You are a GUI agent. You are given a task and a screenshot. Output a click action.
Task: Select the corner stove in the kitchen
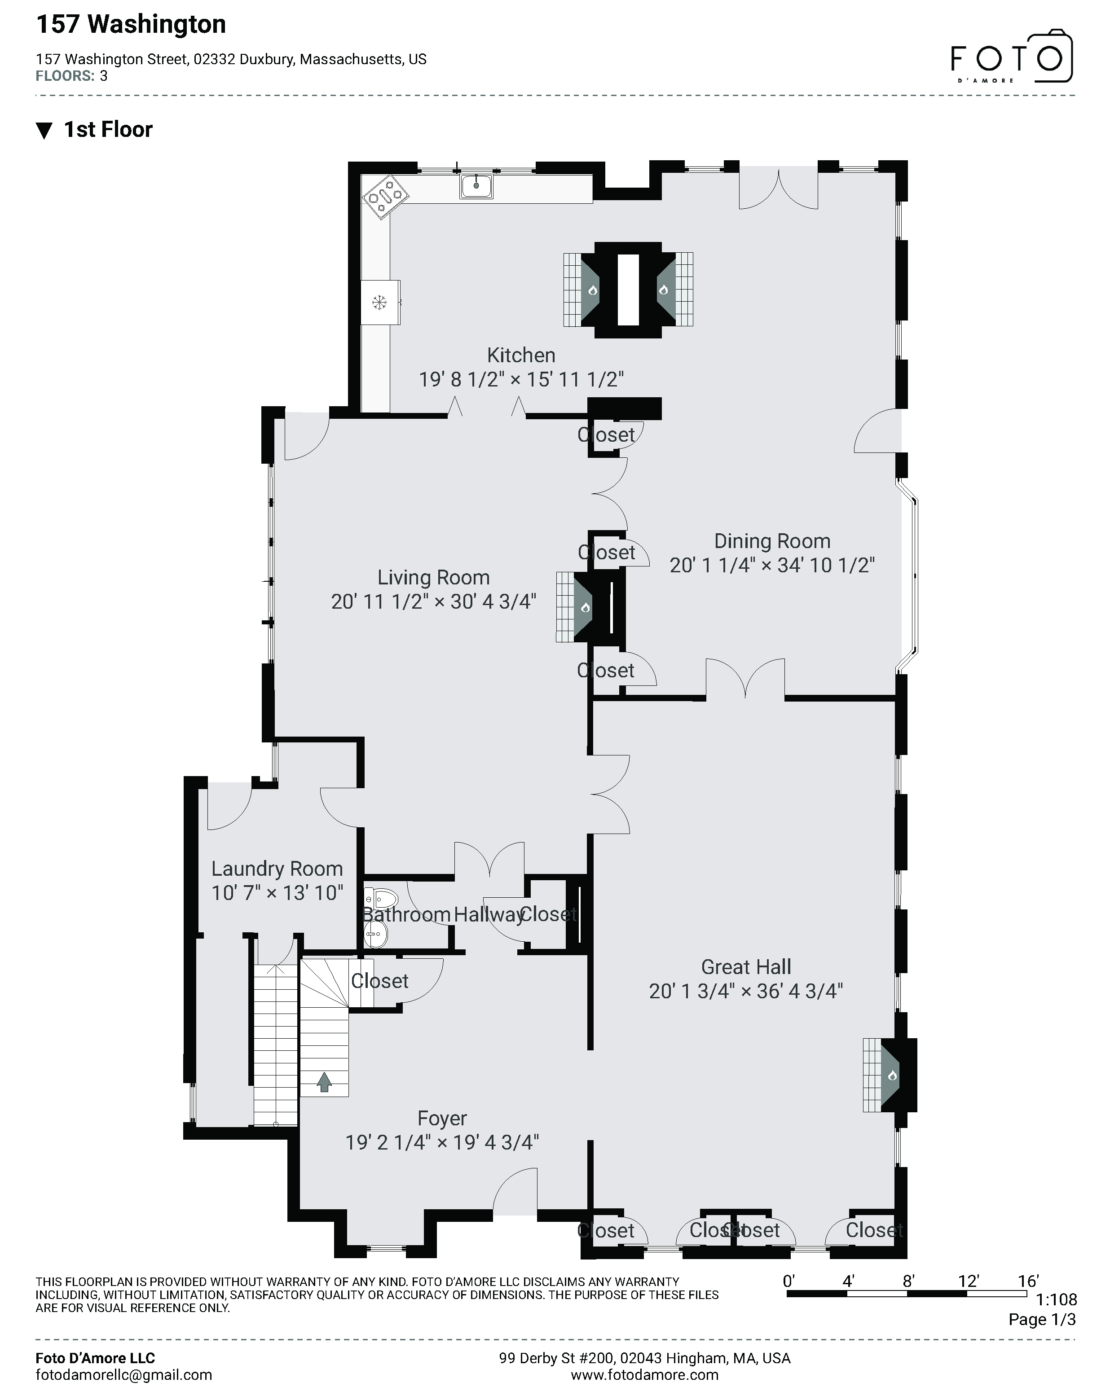(385, 196)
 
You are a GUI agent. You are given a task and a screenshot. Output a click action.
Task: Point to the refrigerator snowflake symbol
(379, 301)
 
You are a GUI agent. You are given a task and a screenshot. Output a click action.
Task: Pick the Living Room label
(433, 578)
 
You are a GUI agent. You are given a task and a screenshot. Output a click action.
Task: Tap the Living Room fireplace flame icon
(585, 607)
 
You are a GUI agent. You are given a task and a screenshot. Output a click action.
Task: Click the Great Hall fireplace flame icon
(892, 1075)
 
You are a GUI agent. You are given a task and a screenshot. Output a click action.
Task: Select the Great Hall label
(746, 967)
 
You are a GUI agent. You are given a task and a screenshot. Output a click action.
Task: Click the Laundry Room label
(277, 869)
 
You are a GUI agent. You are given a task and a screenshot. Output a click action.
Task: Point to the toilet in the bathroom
(381, 898)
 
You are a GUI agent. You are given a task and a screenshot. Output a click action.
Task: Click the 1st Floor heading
(108, 130)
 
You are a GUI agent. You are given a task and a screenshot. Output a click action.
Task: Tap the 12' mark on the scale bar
(968, 1282)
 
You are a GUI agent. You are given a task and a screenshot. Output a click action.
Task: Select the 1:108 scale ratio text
(1056, 1300)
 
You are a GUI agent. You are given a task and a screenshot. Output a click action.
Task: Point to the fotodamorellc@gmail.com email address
(123, 1375)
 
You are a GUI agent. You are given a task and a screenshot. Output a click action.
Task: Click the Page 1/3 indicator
(1042, 1320)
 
